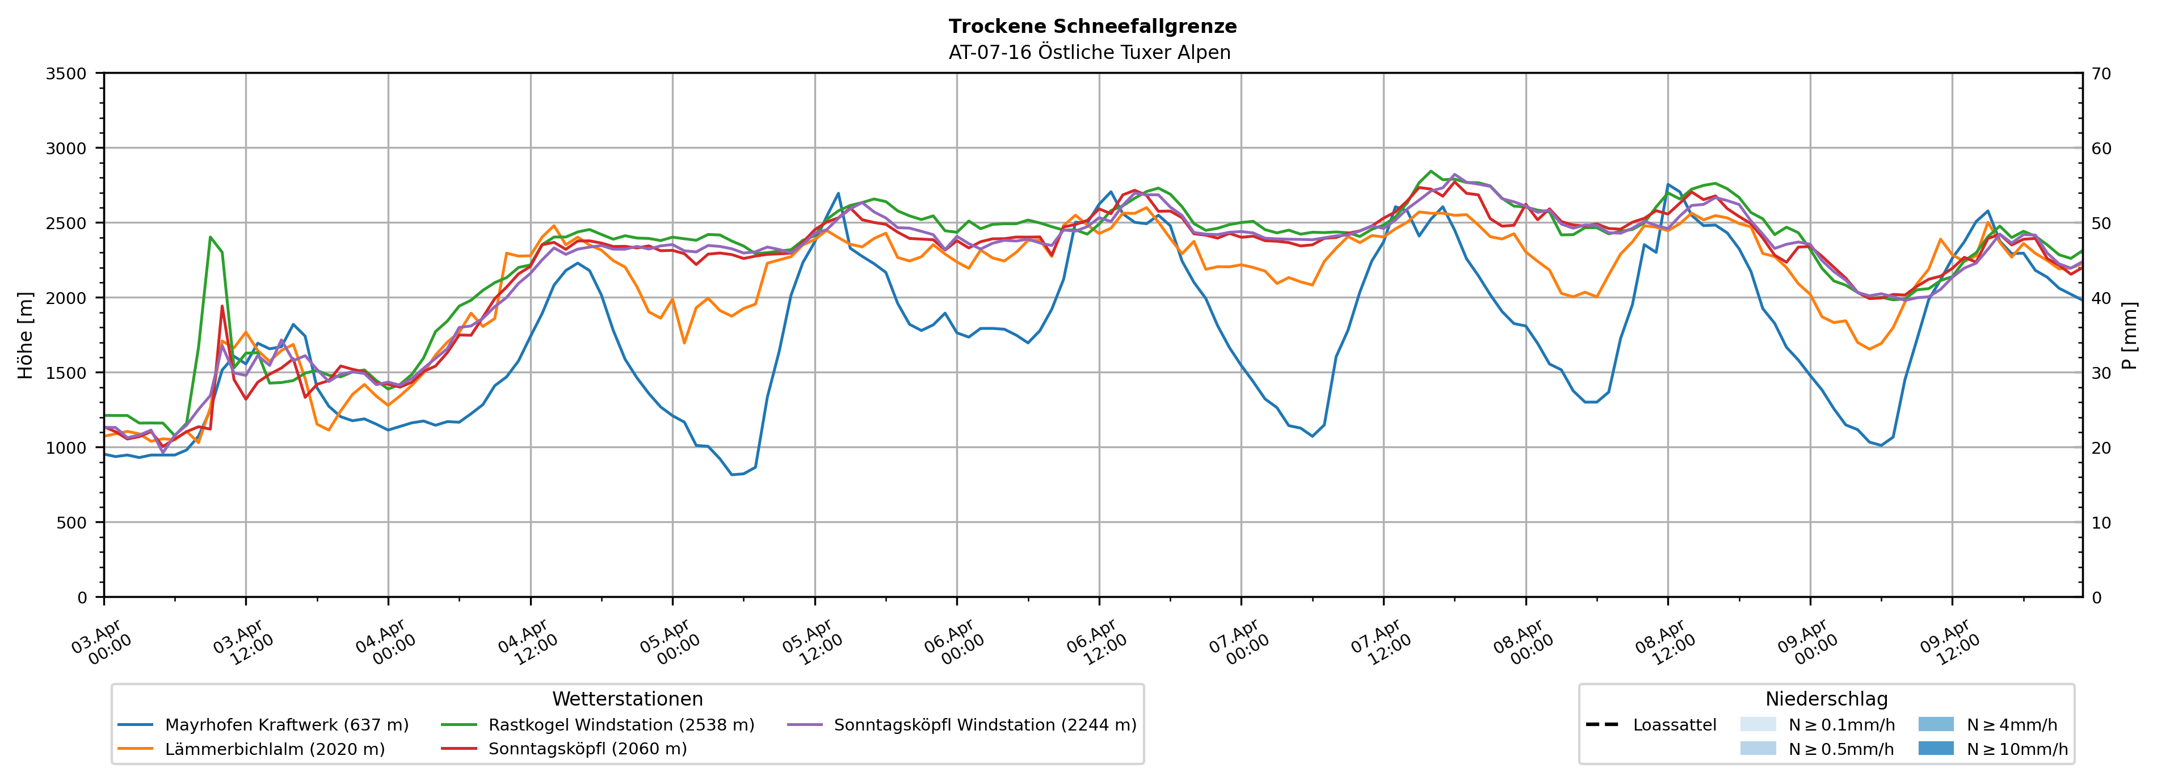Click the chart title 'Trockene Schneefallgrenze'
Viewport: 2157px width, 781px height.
1092,26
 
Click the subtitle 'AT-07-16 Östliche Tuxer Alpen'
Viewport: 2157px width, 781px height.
1090,53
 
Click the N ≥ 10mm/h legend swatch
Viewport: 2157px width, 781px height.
1936,748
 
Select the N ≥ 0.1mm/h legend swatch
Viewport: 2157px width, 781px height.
1757,724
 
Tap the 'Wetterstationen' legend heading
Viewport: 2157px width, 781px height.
627,699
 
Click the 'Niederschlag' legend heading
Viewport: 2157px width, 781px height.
1826,699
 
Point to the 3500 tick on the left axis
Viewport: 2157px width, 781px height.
66,74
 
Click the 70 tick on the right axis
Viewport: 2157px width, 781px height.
2101,74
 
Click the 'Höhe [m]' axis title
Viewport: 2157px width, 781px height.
26,335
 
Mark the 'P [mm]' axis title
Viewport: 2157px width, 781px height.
2129,335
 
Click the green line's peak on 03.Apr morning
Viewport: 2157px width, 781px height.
210,237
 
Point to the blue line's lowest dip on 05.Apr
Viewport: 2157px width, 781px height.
732,475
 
